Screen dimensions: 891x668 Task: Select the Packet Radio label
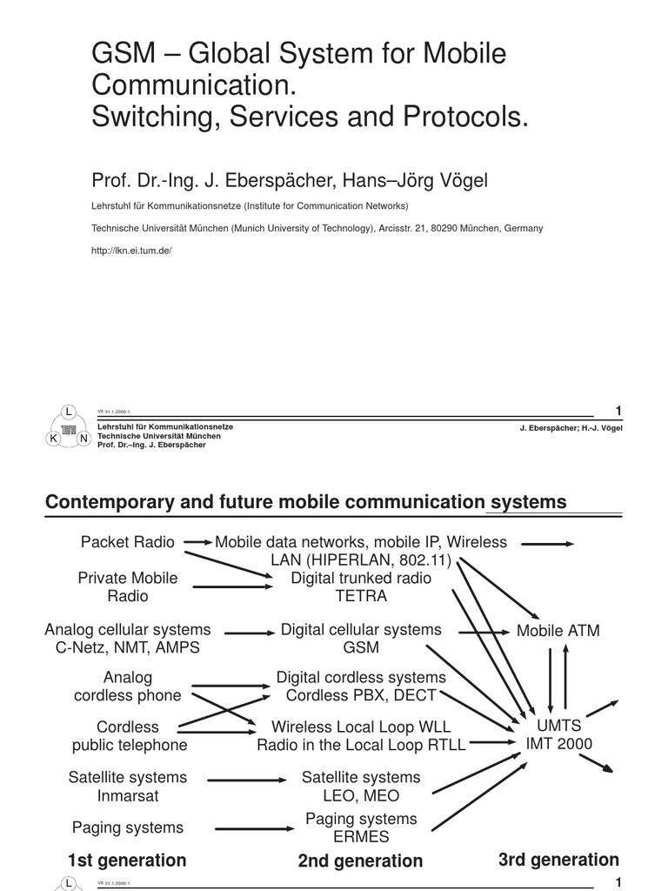click(x=128, y=542)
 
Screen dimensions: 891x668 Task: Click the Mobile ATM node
click(x=558, y=631)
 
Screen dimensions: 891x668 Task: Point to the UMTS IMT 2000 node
click(x=558, y=734)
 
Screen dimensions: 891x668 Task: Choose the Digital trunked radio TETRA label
click(x=361, y=587)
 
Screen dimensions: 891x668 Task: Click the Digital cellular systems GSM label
click(x=361, y=639)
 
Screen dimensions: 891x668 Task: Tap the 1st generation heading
click(x=127, y=861)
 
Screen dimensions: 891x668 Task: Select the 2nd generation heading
click(x=360, y=861)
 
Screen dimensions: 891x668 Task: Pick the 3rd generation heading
click(x=558, y=860)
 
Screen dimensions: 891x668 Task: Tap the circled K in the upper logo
click(x=53, y=439)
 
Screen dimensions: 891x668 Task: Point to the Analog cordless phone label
click(x=128, y=687)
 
